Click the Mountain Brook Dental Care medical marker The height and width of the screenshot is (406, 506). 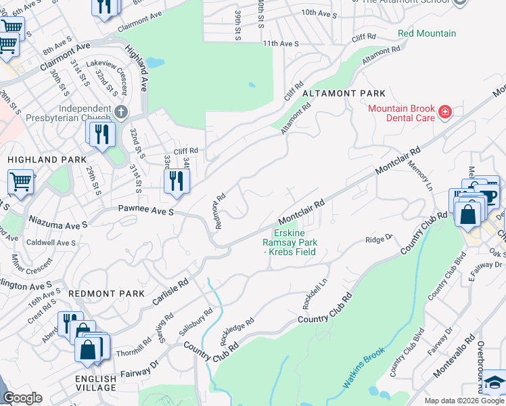[444, 112]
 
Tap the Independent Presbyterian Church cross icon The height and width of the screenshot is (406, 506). [121, 111]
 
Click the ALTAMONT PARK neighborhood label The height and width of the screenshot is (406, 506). [344, 93]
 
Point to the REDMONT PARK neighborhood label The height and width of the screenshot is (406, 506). [107, 294]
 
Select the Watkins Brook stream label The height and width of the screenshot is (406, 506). [363, 367]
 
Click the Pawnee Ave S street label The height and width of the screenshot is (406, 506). [146, 212]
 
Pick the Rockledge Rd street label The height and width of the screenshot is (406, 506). [237, 330]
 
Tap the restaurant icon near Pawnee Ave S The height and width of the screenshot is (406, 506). [176, 181]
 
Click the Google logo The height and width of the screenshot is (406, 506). [22, 398]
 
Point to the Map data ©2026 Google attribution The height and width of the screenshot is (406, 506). [464, 401]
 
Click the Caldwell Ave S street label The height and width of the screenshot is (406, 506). [51, 242]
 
